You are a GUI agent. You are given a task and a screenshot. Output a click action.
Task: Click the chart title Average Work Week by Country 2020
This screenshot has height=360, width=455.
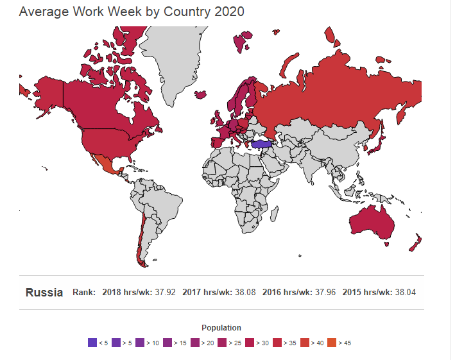pos(132,12)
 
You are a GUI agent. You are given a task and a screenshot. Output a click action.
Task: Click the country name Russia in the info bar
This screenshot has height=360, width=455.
pos(44,293)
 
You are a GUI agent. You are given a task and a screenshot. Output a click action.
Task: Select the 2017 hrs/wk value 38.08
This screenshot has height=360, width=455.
pos(245,293)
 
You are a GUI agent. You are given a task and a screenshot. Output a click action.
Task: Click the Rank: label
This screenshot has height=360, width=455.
pos(84,293)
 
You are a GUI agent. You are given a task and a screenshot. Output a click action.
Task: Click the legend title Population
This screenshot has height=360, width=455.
pos(221,328)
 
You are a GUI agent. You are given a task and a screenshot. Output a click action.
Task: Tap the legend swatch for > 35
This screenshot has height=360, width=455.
pos(278,343)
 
